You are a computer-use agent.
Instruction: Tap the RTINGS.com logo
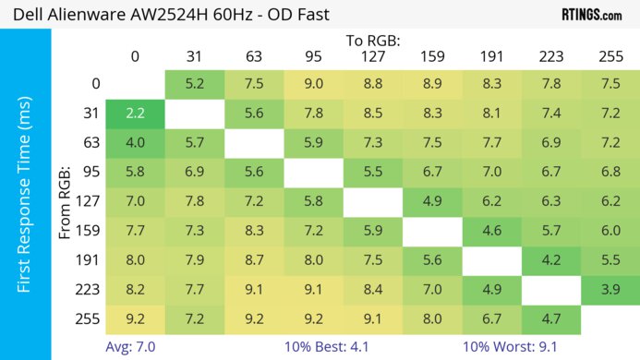point(591,15)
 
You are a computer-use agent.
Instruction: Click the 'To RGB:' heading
point(373,41)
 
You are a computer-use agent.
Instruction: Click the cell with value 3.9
point(610,290)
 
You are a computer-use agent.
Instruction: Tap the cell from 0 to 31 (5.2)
point(195,83)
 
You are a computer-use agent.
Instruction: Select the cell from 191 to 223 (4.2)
point(551,260)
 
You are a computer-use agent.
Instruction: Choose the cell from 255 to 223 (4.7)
point(551,319)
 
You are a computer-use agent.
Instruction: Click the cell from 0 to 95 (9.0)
point(314,83)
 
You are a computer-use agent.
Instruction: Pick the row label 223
point(91,290)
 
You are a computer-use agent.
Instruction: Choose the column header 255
point(610,56)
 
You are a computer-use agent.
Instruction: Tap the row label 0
point(96,83)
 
